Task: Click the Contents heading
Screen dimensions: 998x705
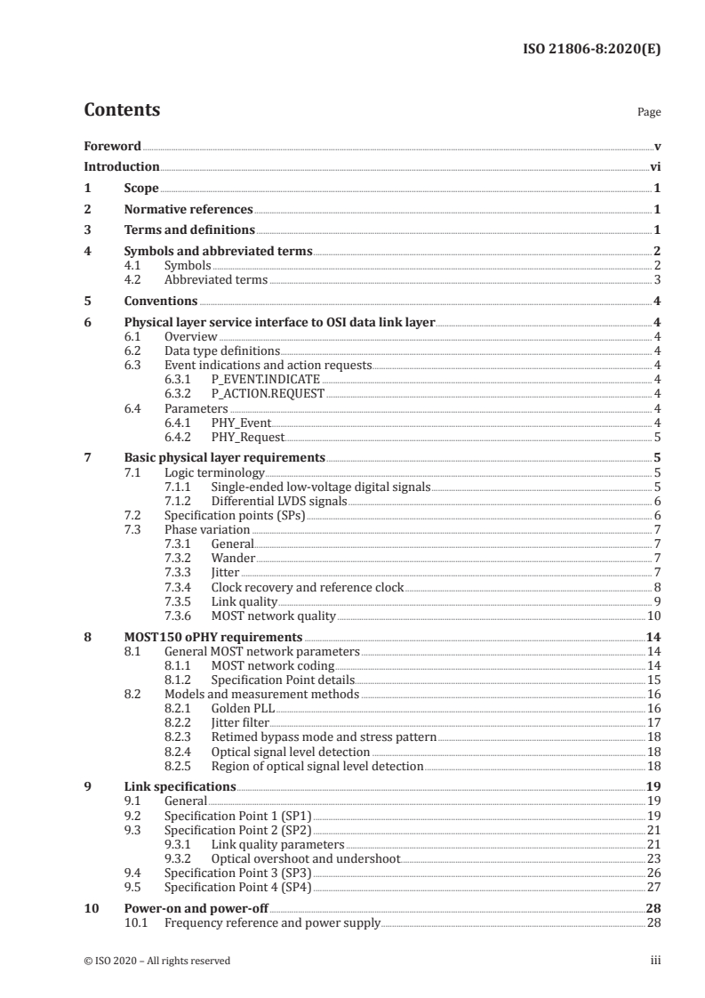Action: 122,110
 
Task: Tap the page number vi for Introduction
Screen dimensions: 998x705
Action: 654,166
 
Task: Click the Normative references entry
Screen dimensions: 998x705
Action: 188,210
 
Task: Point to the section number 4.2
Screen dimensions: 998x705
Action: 134,279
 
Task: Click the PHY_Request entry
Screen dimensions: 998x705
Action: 247,437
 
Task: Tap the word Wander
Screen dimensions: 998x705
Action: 233,558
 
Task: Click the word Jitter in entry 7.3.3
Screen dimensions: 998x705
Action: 225,572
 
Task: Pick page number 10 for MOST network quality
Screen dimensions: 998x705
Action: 653,615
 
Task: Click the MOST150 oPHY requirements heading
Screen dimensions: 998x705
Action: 213,637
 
